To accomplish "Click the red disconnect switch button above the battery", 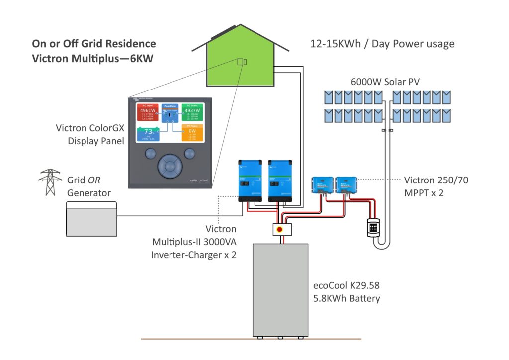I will coord(281,229).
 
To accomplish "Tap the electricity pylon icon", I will coord(50,182).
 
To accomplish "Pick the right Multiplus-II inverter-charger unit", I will coord(279,180).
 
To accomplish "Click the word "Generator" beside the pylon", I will coord(89,192).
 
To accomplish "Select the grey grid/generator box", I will coord(91,218).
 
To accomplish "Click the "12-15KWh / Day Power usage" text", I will coord(382,44).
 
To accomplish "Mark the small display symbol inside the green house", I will coord(241,62).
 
